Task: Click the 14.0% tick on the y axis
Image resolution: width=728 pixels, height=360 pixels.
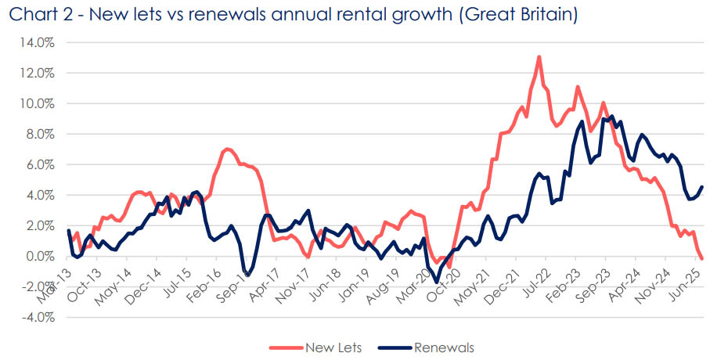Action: tap(38, 42)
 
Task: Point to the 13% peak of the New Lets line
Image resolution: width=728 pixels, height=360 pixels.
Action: tap(539, 56)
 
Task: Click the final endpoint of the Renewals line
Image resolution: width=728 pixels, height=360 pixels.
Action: tap(702, 187)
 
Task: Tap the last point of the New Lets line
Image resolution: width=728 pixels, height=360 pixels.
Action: tap(702, 258)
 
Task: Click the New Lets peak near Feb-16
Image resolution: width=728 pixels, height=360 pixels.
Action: tap(227, 149)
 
